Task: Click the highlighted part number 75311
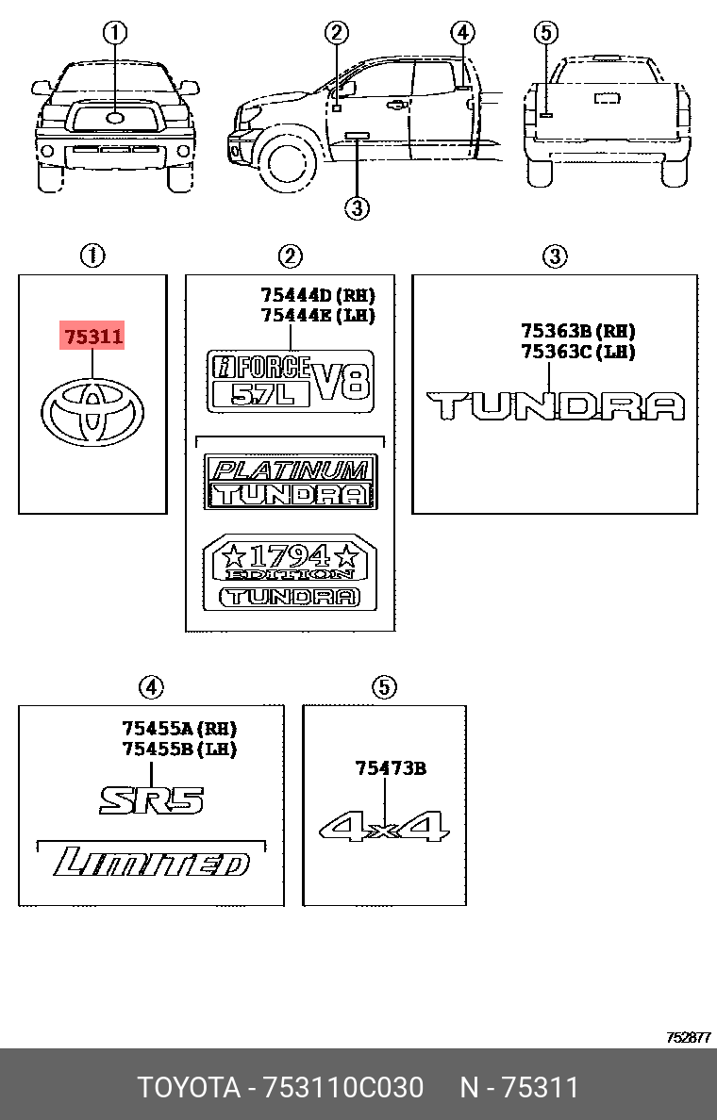pos(92,336)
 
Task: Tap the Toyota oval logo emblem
pos(92,413)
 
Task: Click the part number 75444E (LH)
pos(304,316)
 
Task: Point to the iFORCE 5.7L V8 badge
pos(291,380)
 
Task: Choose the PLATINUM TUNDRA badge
pos(291,482)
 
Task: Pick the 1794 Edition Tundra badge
pos(291,573)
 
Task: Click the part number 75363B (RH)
pos(577,331)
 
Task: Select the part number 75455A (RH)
pos(178,728)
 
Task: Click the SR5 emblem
pos(152,800)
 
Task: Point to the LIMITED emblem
pos(152,863)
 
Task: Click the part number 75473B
pos(391,768)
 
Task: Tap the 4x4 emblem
pos(385,827)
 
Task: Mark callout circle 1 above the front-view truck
pos(115,35)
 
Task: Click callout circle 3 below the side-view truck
pos(356,208)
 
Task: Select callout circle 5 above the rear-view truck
pos(545,35)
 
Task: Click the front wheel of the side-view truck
pos(287,162)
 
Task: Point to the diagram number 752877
pos(688,1037)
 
